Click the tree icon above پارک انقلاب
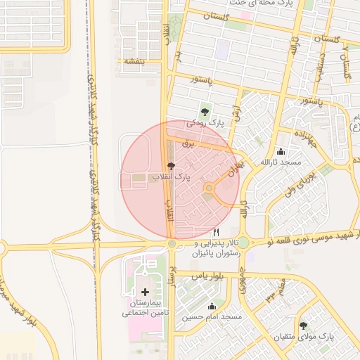tap(172, 165)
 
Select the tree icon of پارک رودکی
tap(205, 110)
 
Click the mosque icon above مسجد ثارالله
tap(281, 151)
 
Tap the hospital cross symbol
tap(146, 291)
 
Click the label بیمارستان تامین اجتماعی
tap(144, 307)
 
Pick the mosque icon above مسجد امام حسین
tap(212, 306)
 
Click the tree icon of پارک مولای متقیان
tap(304, 326)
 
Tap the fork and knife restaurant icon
tap(217, 232)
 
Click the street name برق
tap(187, 143)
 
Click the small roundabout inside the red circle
tap(209, 188)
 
